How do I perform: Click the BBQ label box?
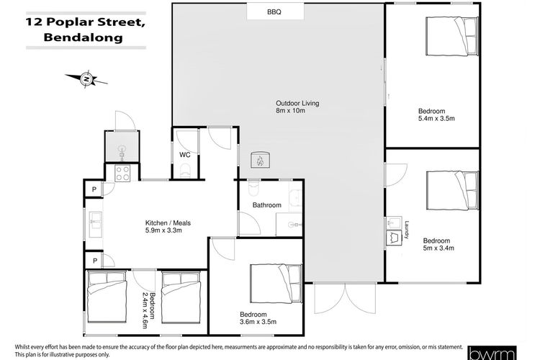point(276,12)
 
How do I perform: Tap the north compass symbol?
point(86,80)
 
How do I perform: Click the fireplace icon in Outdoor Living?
point(260,160)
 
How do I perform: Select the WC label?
point(184,155)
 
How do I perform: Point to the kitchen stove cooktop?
point(122,174)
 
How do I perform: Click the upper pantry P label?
point(94,189)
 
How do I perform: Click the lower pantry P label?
point(95,261)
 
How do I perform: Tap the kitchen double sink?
point(96,224)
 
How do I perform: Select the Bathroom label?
point(267,205)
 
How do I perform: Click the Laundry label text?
point(407,230)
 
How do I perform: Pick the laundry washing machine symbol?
point(393,238)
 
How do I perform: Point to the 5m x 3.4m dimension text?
point(438,248)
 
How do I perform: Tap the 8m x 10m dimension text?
point(290,111)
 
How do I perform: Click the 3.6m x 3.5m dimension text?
point(258,322)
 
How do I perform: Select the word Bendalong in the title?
point(83,37)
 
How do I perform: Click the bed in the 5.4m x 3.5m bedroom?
point(452,36)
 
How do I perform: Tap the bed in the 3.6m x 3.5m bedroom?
point(276,283)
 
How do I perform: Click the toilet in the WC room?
point(185,171)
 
